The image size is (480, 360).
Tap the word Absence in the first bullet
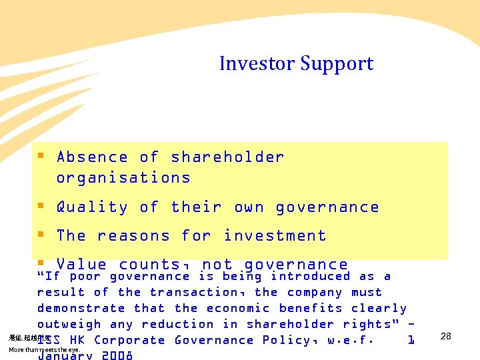[92, 157]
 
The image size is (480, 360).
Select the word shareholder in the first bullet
[227, 157]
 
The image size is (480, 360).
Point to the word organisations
[123, 178]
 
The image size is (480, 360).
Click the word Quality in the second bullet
[92, 207]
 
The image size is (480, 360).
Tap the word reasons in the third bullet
[139, 236]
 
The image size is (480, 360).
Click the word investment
[275, 236]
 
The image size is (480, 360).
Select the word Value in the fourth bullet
[81, 265]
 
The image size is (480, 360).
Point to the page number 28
[446, 337]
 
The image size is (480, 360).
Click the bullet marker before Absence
[41, 157]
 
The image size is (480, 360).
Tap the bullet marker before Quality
[41, 207]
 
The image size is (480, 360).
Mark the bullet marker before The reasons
[41, 235]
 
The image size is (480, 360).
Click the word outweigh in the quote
[69, 324]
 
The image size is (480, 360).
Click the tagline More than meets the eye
[44, 350]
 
